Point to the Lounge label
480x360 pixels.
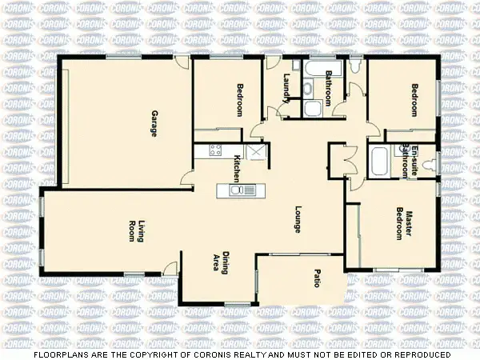(297, 220)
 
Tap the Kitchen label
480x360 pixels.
(237, 169)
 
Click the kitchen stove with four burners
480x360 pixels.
(214, 150)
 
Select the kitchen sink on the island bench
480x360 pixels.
(241, 190)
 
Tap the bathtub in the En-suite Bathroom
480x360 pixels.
(378, 163)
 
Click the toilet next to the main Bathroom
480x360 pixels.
(355, 73)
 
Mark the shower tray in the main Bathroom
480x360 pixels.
(313, 108)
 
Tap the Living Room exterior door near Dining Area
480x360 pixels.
(170, 270)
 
